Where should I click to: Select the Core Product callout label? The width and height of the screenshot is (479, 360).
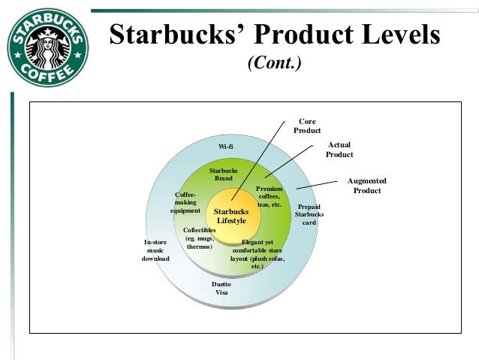(x=306, y=126)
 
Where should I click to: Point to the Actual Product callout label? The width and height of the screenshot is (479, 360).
(x=339, y=149)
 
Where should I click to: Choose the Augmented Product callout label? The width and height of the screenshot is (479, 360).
(x=366, y=186)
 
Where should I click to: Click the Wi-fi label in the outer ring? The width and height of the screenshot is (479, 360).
(x=225, y=146)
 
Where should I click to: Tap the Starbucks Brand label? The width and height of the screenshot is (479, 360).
(x=223, y=174)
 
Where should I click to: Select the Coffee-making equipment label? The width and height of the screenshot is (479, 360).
(x=185, y=202)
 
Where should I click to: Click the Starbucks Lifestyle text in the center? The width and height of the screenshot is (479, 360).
(x=231, y=216)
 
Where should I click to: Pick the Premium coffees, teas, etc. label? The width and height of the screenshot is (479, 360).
(x=269, y=196)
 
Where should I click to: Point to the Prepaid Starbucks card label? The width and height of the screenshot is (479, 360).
(x=309, y=214)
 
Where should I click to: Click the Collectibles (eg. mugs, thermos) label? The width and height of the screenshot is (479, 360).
(x=199, y=238)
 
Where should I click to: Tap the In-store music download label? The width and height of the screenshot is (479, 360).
(x=155, y=250)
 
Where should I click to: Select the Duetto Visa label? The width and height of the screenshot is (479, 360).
(x=221, y=288)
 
